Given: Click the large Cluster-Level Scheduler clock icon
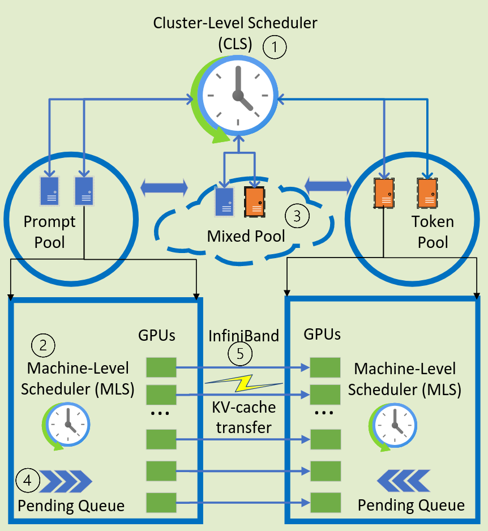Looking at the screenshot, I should tap(238, 95).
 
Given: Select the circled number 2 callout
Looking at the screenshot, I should tap(44, 345).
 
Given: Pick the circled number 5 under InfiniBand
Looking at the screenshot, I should tap(241, 354).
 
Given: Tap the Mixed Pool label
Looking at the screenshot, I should tap(246, 235).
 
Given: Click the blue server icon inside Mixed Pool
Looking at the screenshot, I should tap(225, 201).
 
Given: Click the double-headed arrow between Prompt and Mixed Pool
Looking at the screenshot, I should tap(164, 188).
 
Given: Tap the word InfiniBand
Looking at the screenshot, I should tap(243, 336).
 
